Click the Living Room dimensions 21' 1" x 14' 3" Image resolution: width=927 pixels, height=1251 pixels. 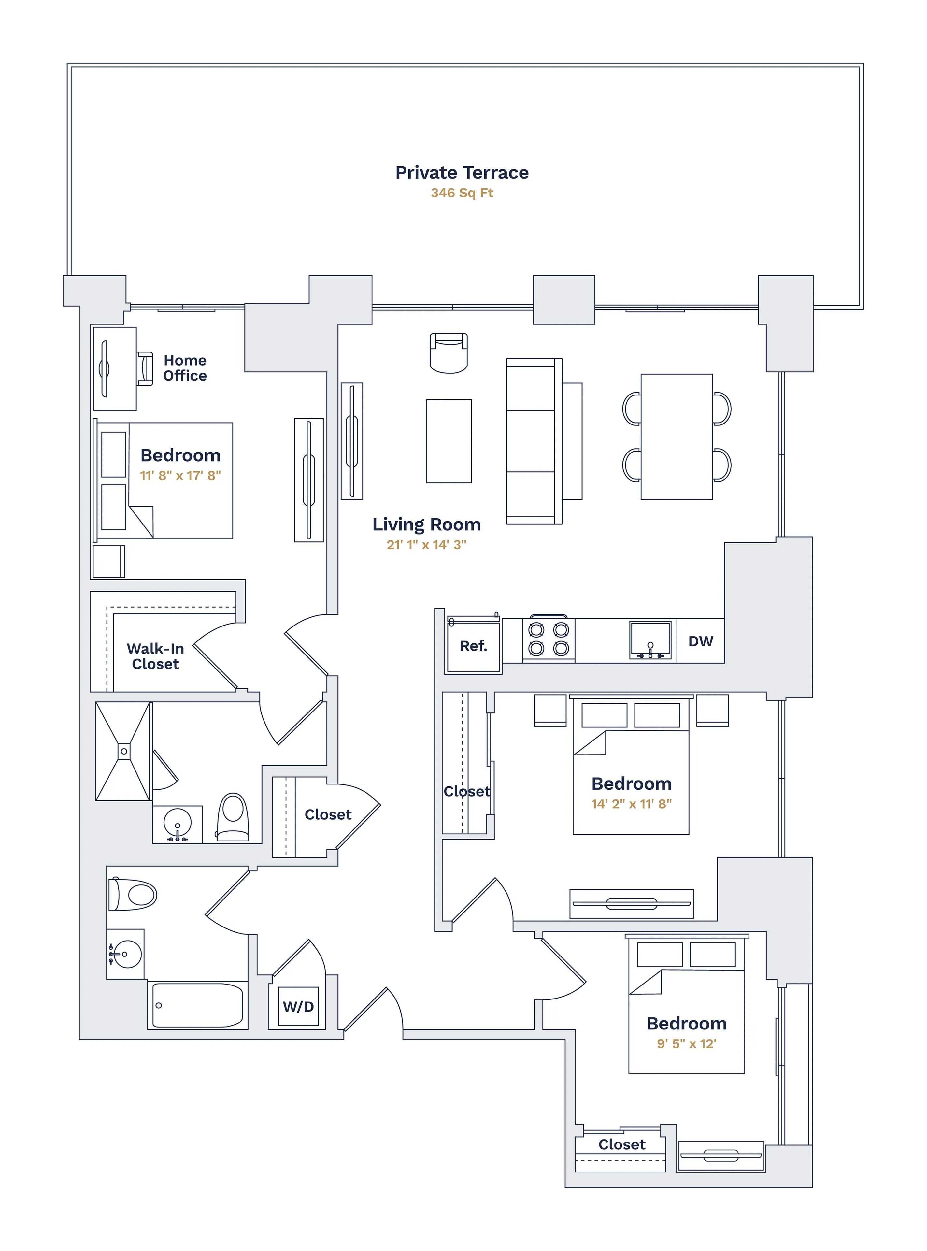(426, 544)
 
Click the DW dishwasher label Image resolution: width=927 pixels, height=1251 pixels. (700, 641)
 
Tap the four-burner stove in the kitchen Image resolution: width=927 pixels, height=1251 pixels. (548, 639)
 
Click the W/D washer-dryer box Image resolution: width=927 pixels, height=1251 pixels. (298, 1006)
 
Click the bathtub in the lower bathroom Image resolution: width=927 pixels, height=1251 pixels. (197, 1005)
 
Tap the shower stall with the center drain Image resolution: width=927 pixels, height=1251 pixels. (123, 751)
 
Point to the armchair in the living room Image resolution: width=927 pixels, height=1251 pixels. (448, 353)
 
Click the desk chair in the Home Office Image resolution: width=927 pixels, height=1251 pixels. (145, 369)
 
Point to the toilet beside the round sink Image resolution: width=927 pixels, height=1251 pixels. (233, 817)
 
